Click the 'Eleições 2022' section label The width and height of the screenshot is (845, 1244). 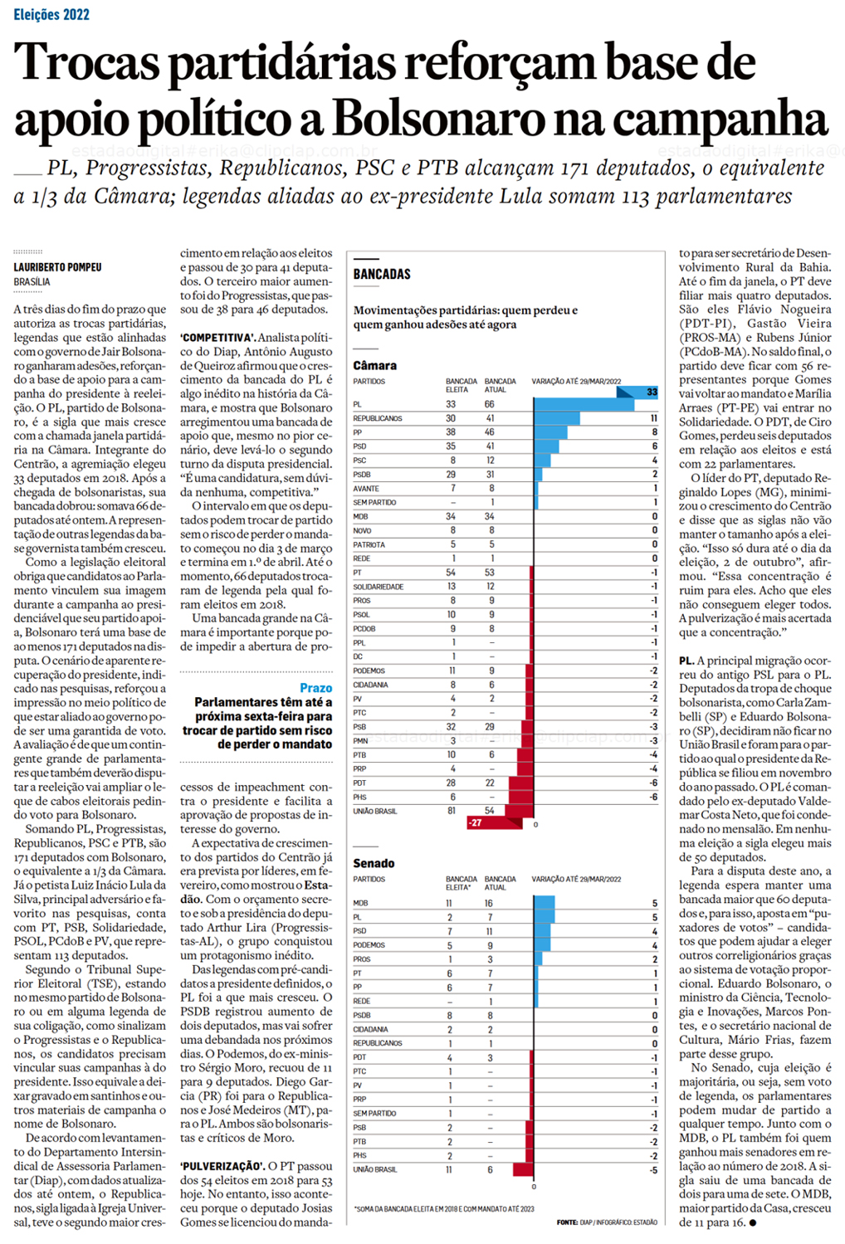51,14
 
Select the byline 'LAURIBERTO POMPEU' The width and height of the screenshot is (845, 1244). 57,267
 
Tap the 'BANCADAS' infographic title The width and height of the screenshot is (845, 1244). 382,274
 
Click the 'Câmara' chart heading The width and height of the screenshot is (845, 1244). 375,365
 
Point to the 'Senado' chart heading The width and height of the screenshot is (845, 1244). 374,863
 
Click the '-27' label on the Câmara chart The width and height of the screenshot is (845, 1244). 475,822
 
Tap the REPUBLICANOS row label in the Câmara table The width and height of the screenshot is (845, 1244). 378,418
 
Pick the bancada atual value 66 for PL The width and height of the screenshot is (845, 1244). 490,404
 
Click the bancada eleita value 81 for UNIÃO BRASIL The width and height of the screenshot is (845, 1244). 452,811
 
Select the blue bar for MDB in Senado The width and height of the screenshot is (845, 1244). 545,903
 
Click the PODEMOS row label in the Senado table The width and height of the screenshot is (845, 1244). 369,945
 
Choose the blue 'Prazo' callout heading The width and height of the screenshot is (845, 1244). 316,688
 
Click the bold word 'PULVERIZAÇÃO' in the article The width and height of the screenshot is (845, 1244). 222,1166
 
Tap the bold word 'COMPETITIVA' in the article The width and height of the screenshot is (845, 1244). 217,338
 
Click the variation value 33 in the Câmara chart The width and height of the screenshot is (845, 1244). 652,392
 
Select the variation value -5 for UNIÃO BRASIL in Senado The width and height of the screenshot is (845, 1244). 654,1170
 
